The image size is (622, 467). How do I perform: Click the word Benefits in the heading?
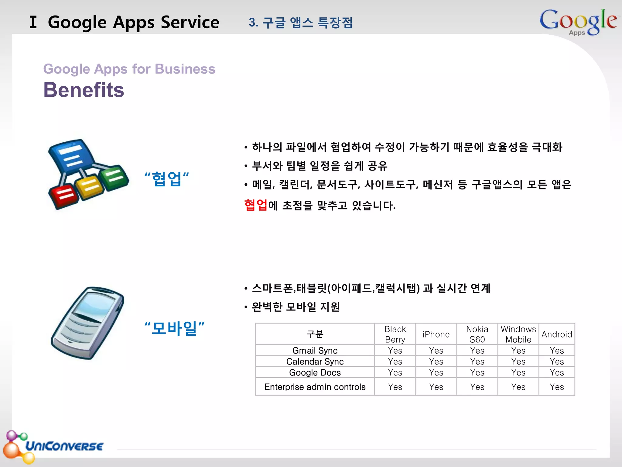pyautogui.click(x=84, y=90)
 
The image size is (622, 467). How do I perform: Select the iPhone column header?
pyautogui.click(x=436, y=334)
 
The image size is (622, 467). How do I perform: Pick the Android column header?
pyautogui.click(x=556, y=334)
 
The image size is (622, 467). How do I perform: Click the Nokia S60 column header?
pyautogui.click(x=477, y=334)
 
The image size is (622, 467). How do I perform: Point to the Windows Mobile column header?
pyautogui.click(x=518, y=334)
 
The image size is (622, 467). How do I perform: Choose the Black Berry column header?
pyautogui.click(x=395, y=334)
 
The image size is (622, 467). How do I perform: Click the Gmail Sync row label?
pyautogui.click(x=315, y=351)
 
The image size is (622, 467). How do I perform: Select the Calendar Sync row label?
pyautogui.click(x=315, y=361)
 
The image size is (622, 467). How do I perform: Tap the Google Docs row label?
pyautogui.click(x=315, y=372)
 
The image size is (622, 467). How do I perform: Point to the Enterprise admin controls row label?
pyautogui.click(x=315, y=387)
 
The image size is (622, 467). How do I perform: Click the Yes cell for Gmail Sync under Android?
pyautogui.click(x=556, y=351)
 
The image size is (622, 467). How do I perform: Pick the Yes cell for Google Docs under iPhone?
pyautogui.click(x=436, y=372)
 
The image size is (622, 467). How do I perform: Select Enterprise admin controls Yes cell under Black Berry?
pyautogui.click(x=395, y=387)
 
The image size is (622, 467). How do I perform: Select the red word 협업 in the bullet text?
pyautogui.click(x=256, y=205)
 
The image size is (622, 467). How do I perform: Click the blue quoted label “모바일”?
pyautogui.click(x=174, y=328)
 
